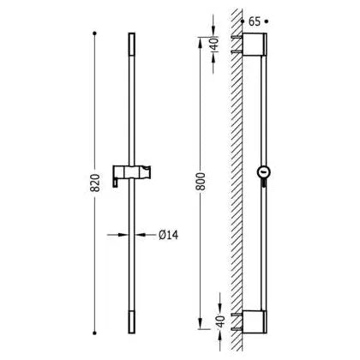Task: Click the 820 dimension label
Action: pyautogui.click(x=95, y=183)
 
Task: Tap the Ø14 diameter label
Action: pyautogui.click(x=169, y=235)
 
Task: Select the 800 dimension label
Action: pyautogui.click(x=201, y=182)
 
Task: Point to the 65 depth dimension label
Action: pyautogui.click(x=255, y=21)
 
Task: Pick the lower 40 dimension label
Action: pyautogui.click(x=220, y=321)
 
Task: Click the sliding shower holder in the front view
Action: pyautogui.click(x=132, y=174)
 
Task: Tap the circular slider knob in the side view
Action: pyautogui.click(x=263, y=172)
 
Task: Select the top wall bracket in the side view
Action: pyautogui.click(x=255, y=44)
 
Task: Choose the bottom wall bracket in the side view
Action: pyautogui.click(x=255, y=321)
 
